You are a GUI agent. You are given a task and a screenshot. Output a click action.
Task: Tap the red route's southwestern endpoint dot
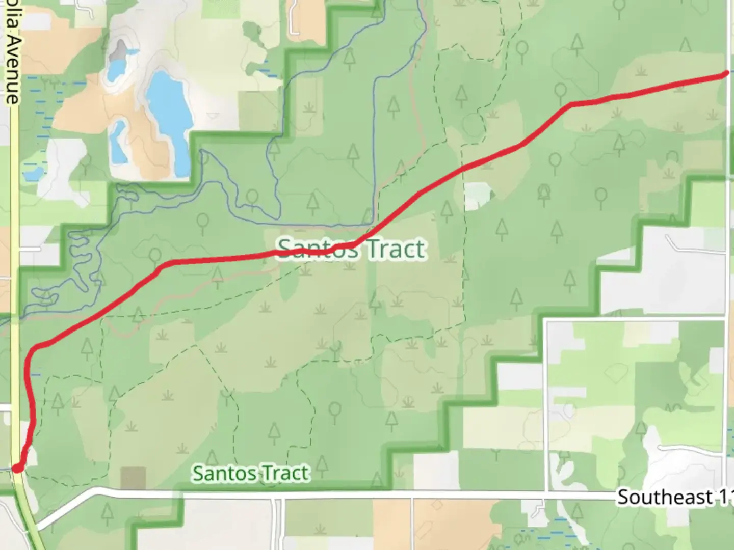(x=17, y=468)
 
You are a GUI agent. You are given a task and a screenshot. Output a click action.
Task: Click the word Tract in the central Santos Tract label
(x=396, y=249)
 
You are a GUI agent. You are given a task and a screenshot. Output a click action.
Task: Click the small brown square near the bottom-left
(x=133, y=478)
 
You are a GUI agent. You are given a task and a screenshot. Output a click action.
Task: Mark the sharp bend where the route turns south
(x=35, y=349)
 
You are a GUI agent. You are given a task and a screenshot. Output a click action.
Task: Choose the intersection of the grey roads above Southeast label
(x=545, y=319)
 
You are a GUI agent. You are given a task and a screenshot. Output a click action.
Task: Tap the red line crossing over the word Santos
(x=316, y=250)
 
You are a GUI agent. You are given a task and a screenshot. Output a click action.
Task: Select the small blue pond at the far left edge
(x=34, y=174)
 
